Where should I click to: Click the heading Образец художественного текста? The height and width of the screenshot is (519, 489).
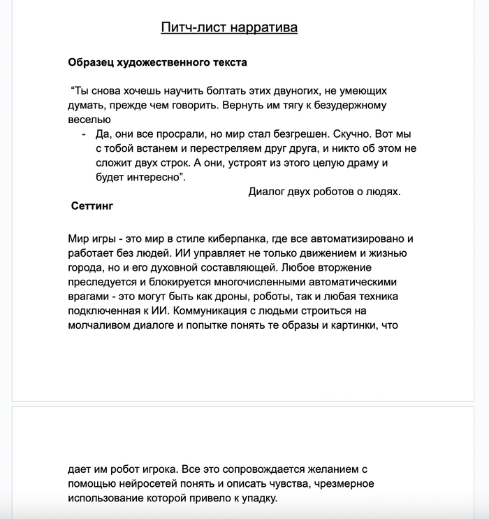click(157, 62)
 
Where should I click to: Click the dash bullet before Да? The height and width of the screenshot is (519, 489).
click(84, 134)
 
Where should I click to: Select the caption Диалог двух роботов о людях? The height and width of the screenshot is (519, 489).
click(324, 192)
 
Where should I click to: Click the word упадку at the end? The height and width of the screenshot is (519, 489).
click(257, 499)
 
